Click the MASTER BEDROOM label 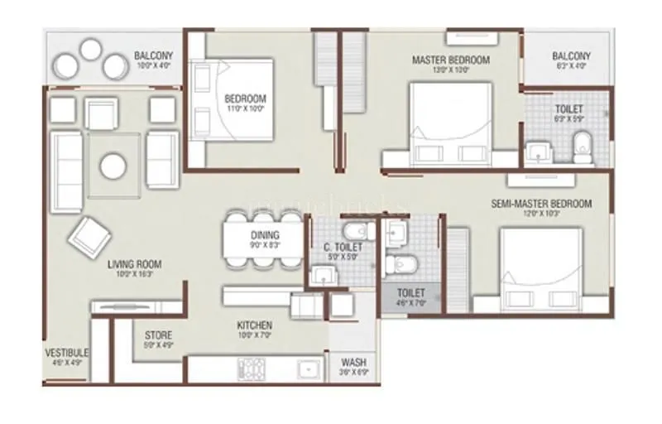[x=450, y=60]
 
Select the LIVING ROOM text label [x=134, y=265]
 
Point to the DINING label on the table [x=265, y=234]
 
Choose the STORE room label [x=159, y=335]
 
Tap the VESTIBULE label [x=66, y=353]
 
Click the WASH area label [x=354, y=363]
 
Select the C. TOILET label [x=339, y=247]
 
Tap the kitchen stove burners [x=252, y=367]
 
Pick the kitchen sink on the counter [x=308, y=367]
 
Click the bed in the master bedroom [x=450, y=124]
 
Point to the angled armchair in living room [x=90, y=236]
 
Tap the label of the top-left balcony [x=153, y=56]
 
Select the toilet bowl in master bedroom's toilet [x=583, y=146]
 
